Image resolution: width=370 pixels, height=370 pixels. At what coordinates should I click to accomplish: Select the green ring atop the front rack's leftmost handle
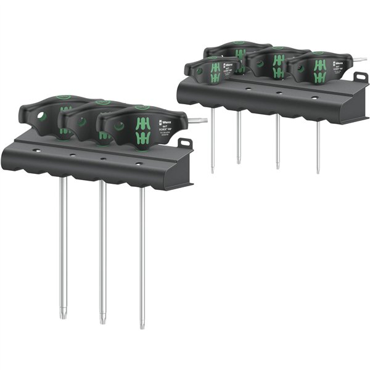coord(59,96)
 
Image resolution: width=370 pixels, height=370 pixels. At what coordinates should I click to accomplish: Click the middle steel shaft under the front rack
coord(102,247)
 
